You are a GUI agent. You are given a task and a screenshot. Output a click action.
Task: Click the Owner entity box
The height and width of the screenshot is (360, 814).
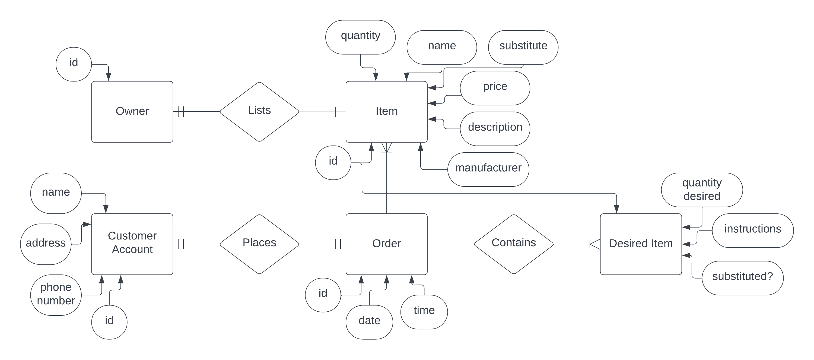[132, 112]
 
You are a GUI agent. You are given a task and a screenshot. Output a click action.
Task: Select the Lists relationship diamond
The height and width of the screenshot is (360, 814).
[259, 112]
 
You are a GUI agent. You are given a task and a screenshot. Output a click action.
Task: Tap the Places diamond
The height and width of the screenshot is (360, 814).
[259, 244]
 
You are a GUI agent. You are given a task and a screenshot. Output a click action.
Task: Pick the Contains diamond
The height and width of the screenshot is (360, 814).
[513, 244]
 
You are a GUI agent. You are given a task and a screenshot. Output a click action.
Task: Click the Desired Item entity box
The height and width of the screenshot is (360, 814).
[641, 244]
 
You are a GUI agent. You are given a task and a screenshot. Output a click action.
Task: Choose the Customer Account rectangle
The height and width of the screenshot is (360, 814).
[132, 244]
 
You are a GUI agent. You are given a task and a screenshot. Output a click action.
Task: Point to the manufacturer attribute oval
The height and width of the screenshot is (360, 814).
[488, 169]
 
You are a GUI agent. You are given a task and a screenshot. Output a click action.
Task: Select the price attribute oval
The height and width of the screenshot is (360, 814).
[495, 88]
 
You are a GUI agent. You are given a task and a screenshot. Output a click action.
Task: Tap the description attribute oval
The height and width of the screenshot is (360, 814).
[495, 129]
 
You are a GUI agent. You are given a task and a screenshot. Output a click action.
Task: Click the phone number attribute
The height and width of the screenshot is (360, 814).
[56, 295]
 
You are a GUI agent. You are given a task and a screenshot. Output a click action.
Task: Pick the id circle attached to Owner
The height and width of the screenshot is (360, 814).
[74, 64]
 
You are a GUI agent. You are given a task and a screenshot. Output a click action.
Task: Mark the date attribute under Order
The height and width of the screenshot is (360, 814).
[369, 322]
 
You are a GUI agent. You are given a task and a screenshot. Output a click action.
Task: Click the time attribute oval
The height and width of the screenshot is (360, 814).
[424, 312]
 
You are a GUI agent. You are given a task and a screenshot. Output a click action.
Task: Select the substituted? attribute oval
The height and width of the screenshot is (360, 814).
[742, 278]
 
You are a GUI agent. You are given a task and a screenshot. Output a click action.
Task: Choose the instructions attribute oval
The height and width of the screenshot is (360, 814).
[752, 230]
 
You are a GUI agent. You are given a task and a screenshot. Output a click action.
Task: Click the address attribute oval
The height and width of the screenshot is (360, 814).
[46, 244]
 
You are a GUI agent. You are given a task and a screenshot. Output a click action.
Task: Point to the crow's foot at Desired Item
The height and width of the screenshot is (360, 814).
[595, 244]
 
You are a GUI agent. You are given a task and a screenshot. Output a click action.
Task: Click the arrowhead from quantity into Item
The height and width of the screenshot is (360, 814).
[376, 77]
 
